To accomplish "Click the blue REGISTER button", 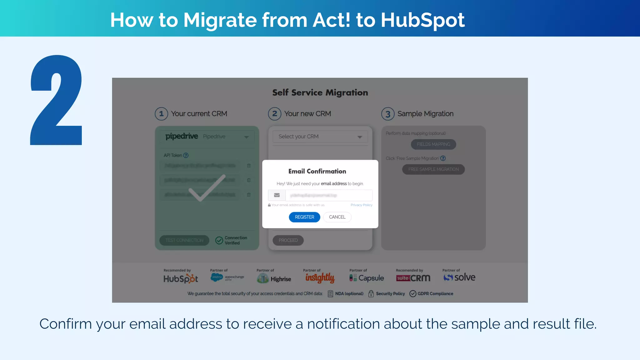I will pyautogui.click(x=304, y=217).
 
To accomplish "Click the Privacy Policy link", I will pyautogui.click(x=361, y=205).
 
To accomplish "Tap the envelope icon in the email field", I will pyautogui.click(x=277, y=195).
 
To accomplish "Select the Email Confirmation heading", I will pyautogui.click(x=317, y=171).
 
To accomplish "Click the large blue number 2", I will pyautogui.click(x=57, y=100).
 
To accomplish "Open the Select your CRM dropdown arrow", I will pyautogui.click(x=360, y=137).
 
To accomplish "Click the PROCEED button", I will pyautogui.click(x=288, y=240).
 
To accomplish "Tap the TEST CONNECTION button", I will pyautogui.click(x=184, y=240).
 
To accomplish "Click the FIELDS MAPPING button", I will pyautogui.click(x=433, y=144).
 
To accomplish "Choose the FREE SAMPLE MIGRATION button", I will pyautogui.click(x=433, y=169).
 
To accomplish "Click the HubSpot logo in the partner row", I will pyautogui.click(x=181, y=278).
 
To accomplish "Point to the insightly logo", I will pyautogui.click(x=320, y=277).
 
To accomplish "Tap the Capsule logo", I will pyautogui.click(x=367, y=278).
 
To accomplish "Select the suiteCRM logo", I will pyautogui.click(x=413, y=278).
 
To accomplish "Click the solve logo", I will pyautogui.click(x=459, y=277).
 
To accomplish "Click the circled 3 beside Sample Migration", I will pyautogui.click(x=388, y=114).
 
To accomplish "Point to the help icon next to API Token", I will pyautogui.click(x=186, y=155).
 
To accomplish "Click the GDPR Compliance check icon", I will pyautogui.click(x=413, y=294).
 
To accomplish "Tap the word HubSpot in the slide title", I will pyautogui.click(x=422, y=20).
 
